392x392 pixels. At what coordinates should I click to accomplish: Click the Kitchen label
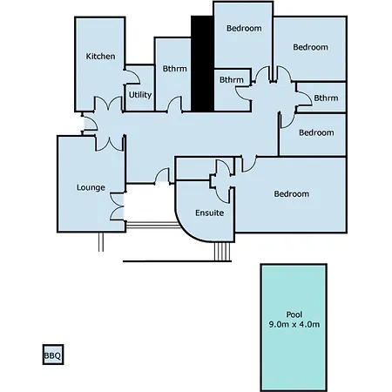click(100, 56)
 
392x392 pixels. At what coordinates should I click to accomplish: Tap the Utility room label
click(140, 95)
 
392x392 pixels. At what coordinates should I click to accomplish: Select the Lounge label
click(91, 187)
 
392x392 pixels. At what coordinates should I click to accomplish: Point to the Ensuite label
click(210, 213)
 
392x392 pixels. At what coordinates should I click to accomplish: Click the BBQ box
click(53, 355)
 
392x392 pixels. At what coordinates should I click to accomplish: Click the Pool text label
click(294, 314)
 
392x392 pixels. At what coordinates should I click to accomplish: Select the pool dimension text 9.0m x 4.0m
click(294, 324)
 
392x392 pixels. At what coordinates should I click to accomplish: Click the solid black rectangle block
click(202, 64)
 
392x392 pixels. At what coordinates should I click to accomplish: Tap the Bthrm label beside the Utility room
click(175, 69)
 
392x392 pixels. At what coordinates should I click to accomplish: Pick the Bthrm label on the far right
click(326, 98)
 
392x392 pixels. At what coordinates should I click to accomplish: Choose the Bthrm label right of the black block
click(232, 79)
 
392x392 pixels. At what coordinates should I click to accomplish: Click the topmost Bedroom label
click(244, 28)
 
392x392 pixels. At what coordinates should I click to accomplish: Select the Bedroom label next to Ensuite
click(292, 193)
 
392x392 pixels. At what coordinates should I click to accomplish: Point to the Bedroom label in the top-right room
click(310, 47)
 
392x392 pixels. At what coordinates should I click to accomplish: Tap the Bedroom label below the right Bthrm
click(316, 132)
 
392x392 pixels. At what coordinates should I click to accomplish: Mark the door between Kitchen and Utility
click(132, 77)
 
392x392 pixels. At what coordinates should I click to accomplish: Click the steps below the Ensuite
click(222, 252)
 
